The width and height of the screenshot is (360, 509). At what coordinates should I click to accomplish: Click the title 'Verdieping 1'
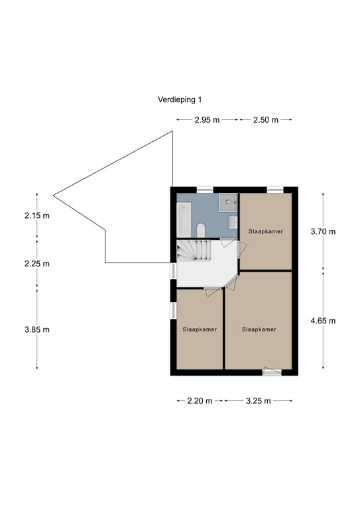click(x=180, y=100)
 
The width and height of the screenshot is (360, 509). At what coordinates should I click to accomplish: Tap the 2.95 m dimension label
click(x=207, y=120)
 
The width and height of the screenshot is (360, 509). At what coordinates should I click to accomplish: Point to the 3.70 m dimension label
click(x=323, y=232)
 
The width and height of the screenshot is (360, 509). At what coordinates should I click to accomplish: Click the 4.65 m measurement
click(x=323, y=321)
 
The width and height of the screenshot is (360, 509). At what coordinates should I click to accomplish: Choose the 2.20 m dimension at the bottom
click(x=199, y=401)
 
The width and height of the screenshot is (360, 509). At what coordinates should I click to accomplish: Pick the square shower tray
click(x=229, y=199)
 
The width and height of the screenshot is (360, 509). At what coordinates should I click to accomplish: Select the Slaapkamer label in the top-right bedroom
click(x=266, y=232)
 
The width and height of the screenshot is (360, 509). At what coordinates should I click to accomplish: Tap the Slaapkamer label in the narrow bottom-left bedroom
click(x=199, y=329)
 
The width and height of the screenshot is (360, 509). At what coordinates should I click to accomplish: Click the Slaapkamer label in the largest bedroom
click(x=259, y=329)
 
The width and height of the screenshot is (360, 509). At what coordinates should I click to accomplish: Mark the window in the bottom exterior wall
click(x=271, y=372)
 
